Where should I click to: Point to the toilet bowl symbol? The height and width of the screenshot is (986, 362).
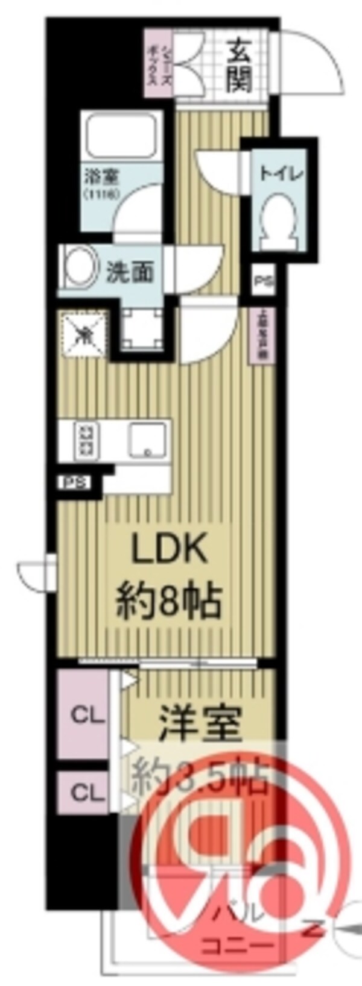279,223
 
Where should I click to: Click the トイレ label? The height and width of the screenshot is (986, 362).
279,174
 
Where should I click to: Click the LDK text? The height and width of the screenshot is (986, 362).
170,549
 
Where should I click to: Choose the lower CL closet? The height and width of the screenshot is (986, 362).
88,793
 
